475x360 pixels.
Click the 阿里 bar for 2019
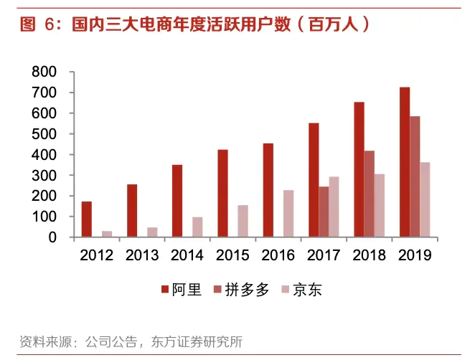405,162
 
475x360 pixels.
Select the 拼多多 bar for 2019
415,176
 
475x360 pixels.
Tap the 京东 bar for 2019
425,199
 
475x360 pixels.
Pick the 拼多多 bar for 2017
324,212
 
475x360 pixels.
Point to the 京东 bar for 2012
107,234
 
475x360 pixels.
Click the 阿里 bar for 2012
87,219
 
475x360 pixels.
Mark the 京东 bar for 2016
288,213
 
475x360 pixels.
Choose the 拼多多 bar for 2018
369,194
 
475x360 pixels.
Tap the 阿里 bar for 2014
177,201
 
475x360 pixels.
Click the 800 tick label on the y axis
44,72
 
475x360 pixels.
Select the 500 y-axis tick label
44,134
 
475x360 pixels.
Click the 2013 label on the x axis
142,255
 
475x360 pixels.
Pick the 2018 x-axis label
369,255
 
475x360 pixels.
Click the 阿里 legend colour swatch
165,290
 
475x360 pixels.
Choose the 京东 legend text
318,290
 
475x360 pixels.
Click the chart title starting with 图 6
194,25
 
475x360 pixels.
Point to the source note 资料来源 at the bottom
131,341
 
